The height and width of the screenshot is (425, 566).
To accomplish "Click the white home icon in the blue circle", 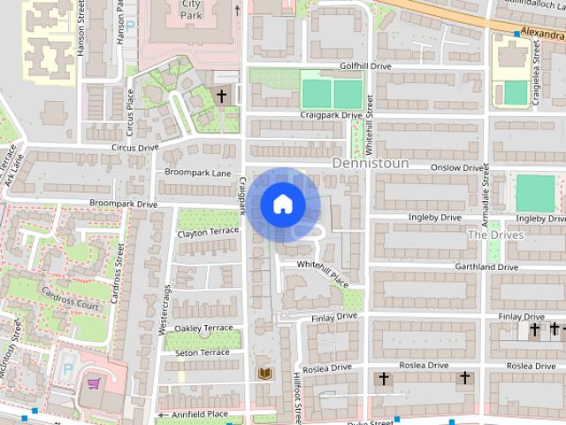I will (282, 205).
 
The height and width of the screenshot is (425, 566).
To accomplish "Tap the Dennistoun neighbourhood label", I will (371, 164).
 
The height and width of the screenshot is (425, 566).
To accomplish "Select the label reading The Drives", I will (495, 235).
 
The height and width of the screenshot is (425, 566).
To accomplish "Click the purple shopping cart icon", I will (94, 383).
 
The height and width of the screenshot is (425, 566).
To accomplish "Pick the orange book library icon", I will (264, 374).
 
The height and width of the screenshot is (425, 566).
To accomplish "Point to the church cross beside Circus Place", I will (221, 95).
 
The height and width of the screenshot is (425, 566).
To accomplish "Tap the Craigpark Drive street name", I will (332, 115).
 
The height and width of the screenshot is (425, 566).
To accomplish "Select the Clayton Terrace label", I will (208, 232).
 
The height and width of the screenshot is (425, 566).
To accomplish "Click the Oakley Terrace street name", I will (204, 328).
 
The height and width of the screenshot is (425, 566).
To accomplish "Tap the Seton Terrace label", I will (203, 352).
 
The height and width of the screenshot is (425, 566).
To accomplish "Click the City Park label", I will (190, 10).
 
